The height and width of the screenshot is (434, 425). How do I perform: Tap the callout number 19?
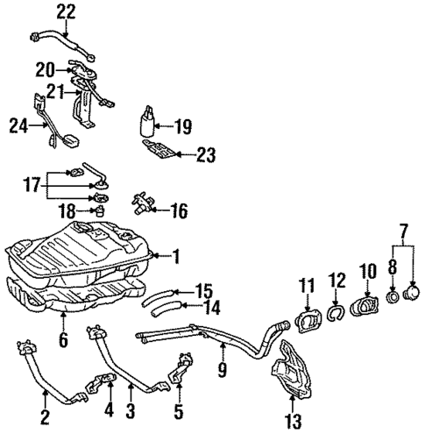tap(182, 126)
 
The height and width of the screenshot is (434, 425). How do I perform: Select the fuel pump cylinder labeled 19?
tap(147, 122)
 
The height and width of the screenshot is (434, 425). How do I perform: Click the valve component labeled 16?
tap(141, 207)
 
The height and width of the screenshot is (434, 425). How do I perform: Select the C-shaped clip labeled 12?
tap(333, 309)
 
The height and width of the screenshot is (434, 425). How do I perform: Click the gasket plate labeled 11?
tap(306, 317)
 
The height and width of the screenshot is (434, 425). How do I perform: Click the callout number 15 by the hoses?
tap(202, 288)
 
